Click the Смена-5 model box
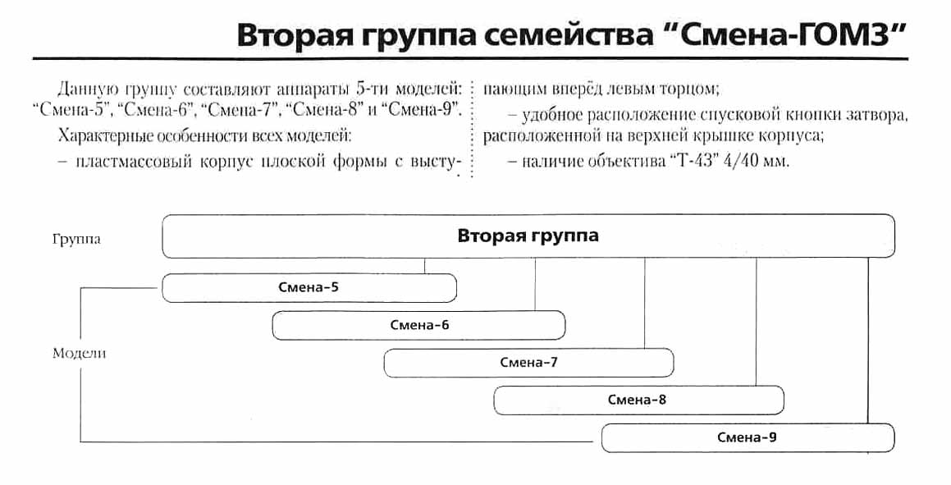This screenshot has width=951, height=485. point(309,287)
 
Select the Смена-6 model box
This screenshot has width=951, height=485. point(418,325)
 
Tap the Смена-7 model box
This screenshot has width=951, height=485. point(528,363)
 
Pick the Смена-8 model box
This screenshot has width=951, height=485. point(638,400)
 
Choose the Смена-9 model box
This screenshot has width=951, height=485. point(748,437)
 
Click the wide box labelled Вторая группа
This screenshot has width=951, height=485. point(528,236)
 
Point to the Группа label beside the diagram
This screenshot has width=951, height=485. point(75,240)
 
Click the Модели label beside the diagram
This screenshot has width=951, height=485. point(80,354)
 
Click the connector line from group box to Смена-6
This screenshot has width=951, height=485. point(535,284)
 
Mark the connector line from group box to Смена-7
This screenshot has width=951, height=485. point(645,303)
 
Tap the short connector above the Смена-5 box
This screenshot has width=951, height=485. point(425,265)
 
